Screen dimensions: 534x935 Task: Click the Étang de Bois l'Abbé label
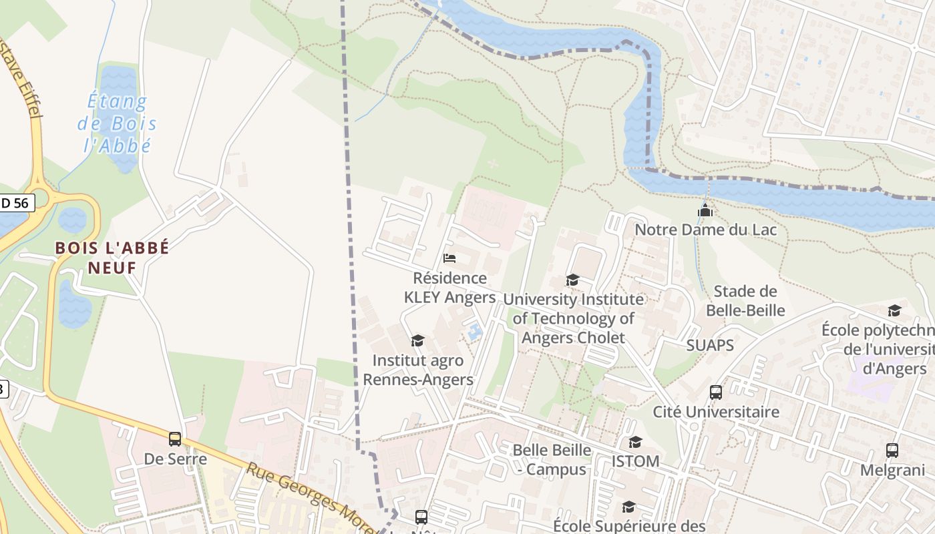pyautogui.click(x=118, y=123)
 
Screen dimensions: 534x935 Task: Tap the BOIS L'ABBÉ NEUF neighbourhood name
pyautogui.click(x=112, y=258)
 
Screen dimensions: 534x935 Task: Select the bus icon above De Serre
pyautogui.click(x=175, y=439)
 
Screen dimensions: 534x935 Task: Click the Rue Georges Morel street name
pyautogui.click(x=307, y=497)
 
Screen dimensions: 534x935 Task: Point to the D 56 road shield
pyautogui.click(x=15, y=203)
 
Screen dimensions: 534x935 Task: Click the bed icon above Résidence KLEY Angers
pyautogui.click(x=449, y=258)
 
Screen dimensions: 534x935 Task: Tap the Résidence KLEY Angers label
pyautogui.click(x=450, y=288)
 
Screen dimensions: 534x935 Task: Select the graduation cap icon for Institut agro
pyautogui.click(x=417, y=341)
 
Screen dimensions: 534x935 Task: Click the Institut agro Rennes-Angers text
pyautogui.click(x=417, y=370)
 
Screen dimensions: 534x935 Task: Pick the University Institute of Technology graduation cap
pyautogui.click(x=572, y=280)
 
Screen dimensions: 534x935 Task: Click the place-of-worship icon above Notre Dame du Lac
pyautogui.click(x=705, y=211)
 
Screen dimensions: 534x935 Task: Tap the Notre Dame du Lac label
pyautogui.click(x=706, y=230)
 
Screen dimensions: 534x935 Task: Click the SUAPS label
pyautogui.click(x=710, y=345)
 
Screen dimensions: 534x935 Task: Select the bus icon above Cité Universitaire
pyautogui.click(x=716, y=392)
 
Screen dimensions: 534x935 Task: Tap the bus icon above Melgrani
pyautogui.click(x=892, y=451)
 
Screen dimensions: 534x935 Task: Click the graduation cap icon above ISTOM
pyautogui.click(x=635, y=443)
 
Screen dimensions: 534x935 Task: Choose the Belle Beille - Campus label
pyautogui.click(x=552, y=460)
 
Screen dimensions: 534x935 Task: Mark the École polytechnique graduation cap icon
pyautogui.click(x=894, y=311)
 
